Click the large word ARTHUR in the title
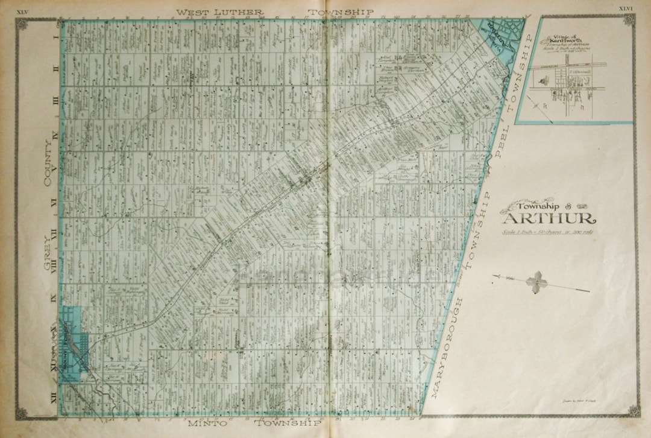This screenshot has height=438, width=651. click(x=549, y=218)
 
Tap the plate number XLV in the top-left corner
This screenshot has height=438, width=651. click(x=24, y=10)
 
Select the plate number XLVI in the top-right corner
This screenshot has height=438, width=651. click(x=625, y=8)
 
